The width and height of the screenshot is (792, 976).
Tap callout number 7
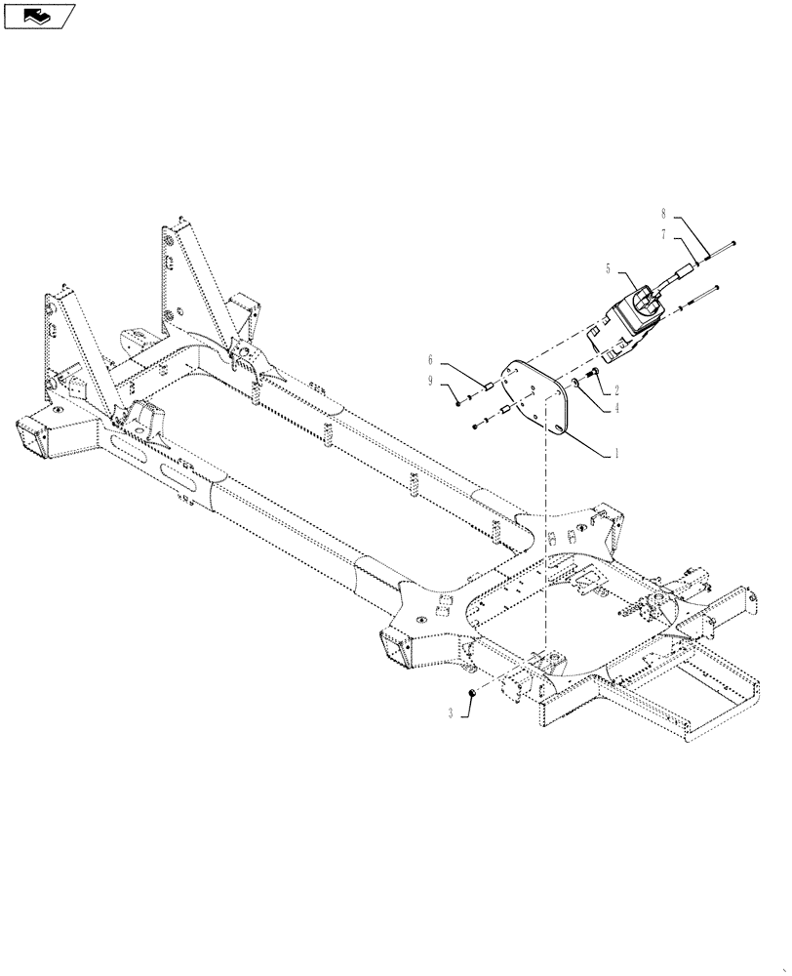click(662, 234)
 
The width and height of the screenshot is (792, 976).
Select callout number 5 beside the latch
click(609, 266)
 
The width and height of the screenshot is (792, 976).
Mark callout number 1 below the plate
click(616, 454)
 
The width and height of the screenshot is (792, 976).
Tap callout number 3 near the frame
click(451, 714)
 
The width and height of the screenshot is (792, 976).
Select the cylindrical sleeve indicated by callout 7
click(689, 263)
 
